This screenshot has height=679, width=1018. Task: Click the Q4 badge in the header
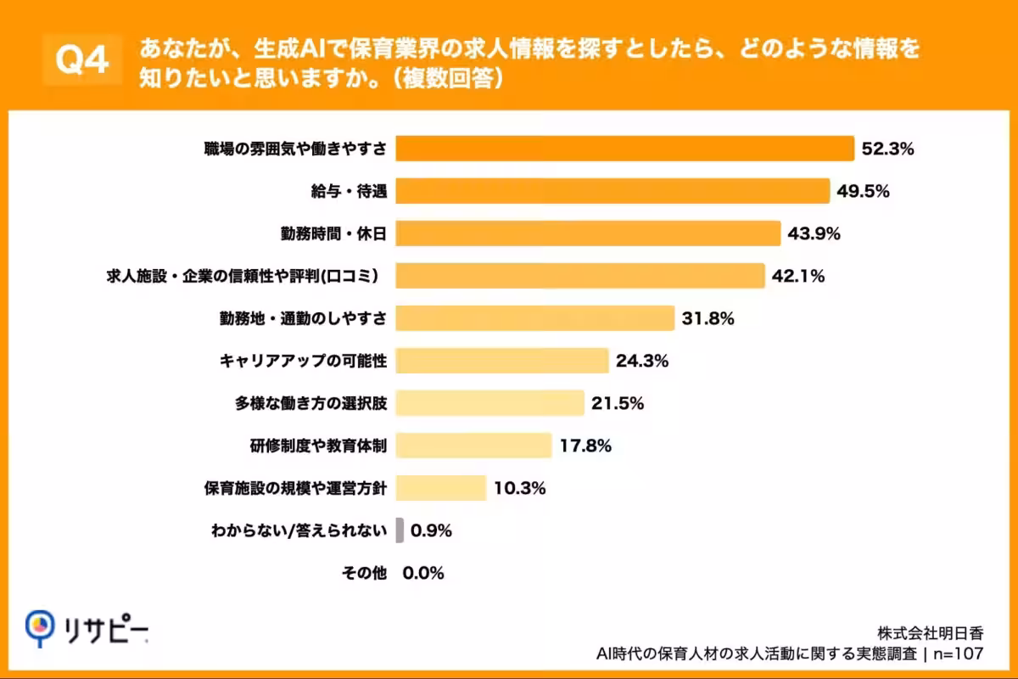pos(81,60)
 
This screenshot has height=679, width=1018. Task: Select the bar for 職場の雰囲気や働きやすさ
pos(624,149)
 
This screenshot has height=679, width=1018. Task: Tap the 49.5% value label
pos(863,191)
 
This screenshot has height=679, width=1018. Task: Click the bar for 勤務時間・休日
pos(587,233)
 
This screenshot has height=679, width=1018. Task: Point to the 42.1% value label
pos(798,276)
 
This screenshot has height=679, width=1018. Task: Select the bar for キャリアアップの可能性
pos(502,361)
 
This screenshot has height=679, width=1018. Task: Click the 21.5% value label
pos(618,403)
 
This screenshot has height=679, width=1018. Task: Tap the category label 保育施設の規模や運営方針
pos(296,488)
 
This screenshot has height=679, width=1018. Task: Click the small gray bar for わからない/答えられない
pos(400,530)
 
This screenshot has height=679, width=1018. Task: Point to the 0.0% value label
pos(423,573)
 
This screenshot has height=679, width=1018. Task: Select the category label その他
pos(364,573)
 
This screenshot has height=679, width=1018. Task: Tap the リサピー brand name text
pos(105,628)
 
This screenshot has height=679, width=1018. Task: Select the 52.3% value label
pos(887,149)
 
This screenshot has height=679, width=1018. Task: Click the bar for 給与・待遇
pos(612,191)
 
